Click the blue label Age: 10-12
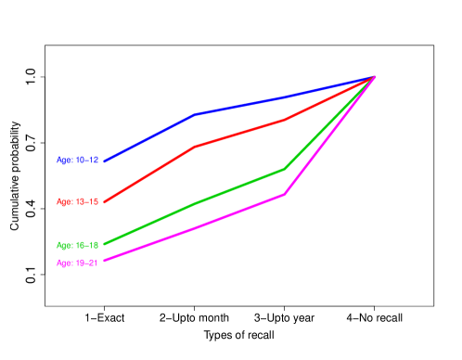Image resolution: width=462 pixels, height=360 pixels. point(78,161)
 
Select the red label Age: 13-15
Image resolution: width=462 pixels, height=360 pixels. point(78,201)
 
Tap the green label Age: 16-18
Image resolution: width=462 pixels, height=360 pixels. point(78,246)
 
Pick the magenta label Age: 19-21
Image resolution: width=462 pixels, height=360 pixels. point(78,264)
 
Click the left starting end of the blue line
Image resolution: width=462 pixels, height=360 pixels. point(105,161)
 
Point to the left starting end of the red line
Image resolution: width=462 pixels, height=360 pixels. point(105,201)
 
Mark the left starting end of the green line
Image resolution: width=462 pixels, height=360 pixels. point(105,245)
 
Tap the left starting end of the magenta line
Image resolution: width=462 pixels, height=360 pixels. point(105,261)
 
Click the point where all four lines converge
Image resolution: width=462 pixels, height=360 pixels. point(374,76)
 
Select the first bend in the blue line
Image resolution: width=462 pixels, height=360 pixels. point(195,114)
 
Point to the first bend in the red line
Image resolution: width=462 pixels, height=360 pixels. point(194,147)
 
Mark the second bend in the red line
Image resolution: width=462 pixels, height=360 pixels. point(284,120)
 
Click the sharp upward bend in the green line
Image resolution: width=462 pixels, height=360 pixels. point(284,169)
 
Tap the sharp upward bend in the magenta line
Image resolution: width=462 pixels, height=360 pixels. point(284,195)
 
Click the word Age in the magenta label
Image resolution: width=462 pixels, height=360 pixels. point(64,264)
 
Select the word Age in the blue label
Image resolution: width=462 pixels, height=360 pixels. point(64,161)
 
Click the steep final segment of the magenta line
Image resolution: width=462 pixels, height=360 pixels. point(329,135)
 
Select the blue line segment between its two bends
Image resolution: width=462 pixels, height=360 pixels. point(239,105)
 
